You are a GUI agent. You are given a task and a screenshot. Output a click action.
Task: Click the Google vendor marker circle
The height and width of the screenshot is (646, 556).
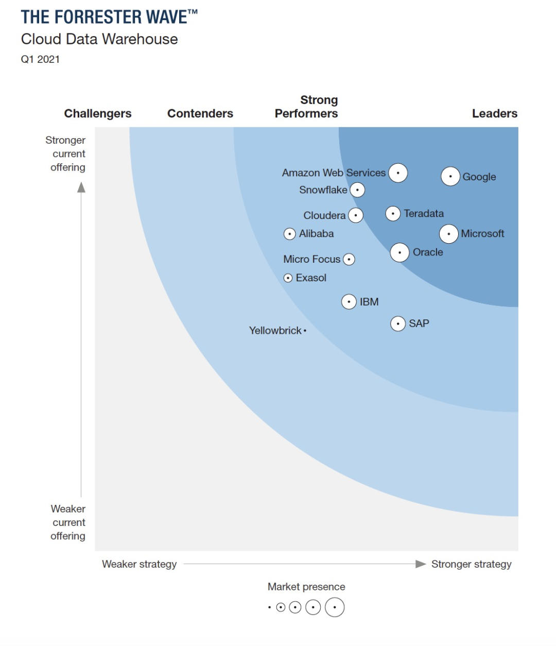450,176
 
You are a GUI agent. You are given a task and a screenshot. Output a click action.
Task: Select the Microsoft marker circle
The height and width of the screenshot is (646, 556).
449,234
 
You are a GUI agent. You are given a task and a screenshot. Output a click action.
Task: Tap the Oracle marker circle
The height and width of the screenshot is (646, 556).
400,252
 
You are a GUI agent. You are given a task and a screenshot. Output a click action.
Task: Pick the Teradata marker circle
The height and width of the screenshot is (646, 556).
393,213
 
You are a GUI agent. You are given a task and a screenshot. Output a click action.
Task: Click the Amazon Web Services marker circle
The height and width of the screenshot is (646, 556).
398,173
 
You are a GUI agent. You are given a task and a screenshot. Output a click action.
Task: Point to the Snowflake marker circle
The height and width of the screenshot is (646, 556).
357,190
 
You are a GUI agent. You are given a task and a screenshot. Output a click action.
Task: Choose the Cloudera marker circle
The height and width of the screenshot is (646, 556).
356,215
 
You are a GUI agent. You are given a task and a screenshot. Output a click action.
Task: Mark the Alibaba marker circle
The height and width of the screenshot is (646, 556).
290,234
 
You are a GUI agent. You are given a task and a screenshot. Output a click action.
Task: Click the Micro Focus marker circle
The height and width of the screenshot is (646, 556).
349,259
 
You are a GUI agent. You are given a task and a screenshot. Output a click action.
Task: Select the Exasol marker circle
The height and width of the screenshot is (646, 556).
288,278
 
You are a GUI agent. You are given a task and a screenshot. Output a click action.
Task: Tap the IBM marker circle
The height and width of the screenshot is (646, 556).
349,302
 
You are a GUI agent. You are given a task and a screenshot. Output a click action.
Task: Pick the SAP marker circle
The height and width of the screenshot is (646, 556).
398,324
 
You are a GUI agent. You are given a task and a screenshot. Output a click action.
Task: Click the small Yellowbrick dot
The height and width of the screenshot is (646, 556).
305,331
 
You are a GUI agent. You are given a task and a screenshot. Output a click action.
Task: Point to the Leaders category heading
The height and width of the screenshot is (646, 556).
494,113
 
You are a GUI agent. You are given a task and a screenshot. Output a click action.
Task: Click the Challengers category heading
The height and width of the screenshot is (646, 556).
98,113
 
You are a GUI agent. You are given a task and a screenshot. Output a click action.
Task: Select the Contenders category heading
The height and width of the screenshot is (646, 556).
200,113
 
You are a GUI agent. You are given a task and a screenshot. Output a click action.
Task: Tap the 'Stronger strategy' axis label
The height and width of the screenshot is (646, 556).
471,564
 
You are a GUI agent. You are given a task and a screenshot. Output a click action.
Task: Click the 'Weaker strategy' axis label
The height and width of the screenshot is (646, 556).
139,564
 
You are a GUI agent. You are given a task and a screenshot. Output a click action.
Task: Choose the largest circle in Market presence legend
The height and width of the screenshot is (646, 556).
335,607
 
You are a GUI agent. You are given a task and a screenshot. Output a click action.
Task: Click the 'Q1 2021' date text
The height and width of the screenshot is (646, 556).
40,59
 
